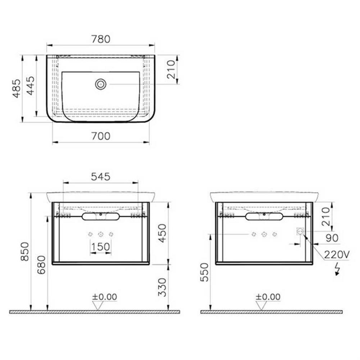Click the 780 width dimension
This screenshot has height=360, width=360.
pos(101,39)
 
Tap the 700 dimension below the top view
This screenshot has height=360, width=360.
pos(101,136)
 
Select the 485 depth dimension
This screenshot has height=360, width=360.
pos(17,88)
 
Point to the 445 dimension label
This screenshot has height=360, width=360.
pos(30,86)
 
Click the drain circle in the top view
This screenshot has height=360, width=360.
pos(101,85)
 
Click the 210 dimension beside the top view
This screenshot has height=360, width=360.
pos(171,69)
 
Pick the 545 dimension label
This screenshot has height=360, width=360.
pos(101,177)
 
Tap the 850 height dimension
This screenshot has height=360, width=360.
pos(25,252)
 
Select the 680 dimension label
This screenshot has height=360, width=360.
pos(42,265)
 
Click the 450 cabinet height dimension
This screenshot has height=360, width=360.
pos(162,233)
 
